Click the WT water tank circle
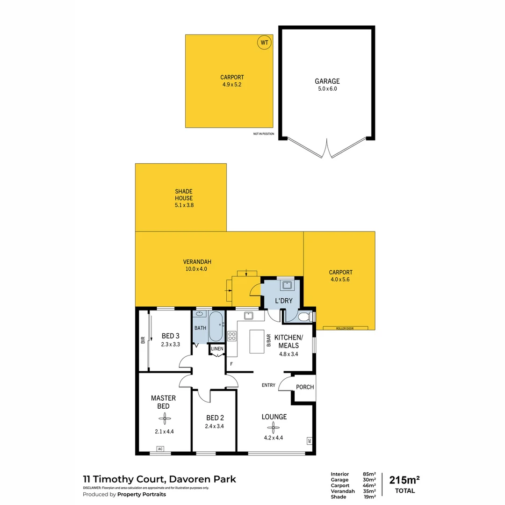click(264, 43)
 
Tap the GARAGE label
click(327, 81)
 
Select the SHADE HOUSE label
click(184, 195)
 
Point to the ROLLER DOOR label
click(345, 328)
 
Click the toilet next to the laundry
click(303, 317)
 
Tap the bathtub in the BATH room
click(216, 326)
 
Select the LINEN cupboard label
click(217, 349)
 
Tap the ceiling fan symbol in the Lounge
click(275, 427)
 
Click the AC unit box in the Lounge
click(310, 440)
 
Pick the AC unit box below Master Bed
click(160, 449)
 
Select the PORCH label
click(305, 387)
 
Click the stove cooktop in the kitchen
click(232, 335)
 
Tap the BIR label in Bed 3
click(143, 340)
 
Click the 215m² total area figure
click(404, 480)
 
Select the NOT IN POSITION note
click(263, 134)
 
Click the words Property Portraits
click(141, 494)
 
